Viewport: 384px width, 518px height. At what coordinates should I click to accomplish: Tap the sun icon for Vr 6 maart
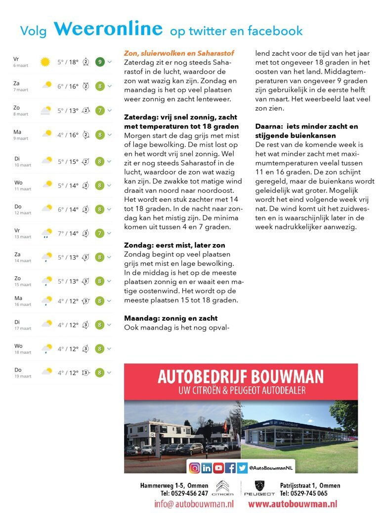tap(45, 62)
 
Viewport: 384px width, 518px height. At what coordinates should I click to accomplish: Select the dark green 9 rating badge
tap(100, 62)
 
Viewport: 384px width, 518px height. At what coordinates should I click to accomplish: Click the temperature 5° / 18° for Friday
tap(68, 62)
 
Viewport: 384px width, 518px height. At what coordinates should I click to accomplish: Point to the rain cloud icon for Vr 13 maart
tap(47, 233)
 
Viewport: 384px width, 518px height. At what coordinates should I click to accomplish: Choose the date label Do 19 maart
tap(22, 372)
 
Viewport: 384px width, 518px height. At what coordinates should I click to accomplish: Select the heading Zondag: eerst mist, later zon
tap(175, 245)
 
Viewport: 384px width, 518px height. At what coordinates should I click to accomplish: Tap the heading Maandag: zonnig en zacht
tap(171, 318)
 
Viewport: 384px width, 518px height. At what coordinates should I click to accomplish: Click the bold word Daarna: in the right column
tap(269, 126)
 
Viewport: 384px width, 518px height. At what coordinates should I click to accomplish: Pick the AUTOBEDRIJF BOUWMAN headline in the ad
tap(241, 377)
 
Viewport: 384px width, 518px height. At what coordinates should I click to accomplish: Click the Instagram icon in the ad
tap(195, 467)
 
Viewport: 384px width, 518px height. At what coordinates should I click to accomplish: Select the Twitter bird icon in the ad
tap(242, 467)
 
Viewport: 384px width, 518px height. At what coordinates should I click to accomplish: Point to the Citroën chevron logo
tap(222, 485)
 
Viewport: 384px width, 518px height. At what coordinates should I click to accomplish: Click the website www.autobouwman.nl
tap(293, 504)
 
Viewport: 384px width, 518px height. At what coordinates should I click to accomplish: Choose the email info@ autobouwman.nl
tap(194, 504)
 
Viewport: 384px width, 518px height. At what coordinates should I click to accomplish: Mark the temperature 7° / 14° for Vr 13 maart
tap(68, 233)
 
